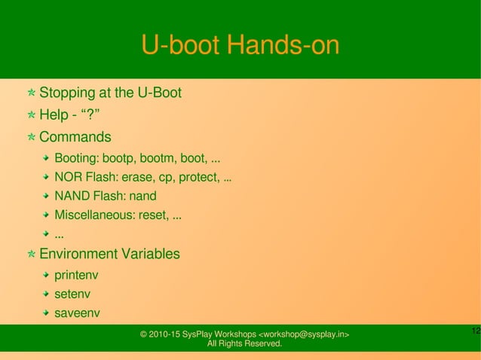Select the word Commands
click(75, 137)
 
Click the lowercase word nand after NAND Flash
click(143, 197)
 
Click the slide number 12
click(474, 332)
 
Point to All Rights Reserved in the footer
click(244, 344)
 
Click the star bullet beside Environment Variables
click(30, 255)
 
